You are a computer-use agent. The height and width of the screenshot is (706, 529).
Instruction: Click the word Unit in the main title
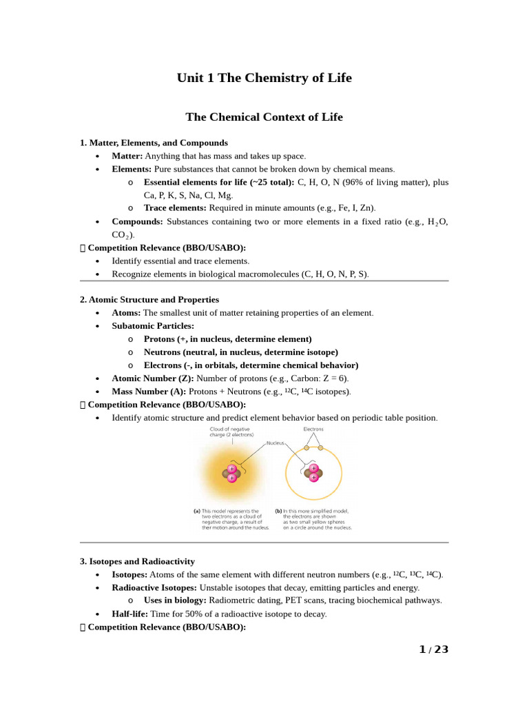[x=190, y=78]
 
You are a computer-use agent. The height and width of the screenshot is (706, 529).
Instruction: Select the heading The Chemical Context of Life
[x=264, y=117]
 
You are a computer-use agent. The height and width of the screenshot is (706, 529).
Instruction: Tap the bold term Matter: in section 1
[x=127, y=157]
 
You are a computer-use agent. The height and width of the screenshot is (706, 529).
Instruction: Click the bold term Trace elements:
[x=175, y=208]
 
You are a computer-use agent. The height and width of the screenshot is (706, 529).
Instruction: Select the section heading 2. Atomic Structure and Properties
[x=149, y=300]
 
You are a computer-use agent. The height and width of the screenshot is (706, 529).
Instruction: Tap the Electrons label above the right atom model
[x=313, y=429]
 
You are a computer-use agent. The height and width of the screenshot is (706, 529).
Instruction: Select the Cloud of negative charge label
[x=232, y=432]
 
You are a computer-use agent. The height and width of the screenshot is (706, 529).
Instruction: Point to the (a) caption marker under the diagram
[x=197, y=512]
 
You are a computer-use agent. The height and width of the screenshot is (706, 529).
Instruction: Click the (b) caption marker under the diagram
[x=278, y=512]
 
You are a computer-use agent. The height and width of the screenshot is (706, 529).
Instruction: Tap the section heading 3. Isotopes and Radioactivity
[x=137, y=561]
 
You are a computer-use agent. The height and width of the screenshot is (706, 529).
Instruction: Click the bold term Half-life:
[x=131, y=614]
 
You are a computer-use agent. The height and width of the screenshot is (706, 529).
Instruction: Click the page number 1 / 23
[x=433, y=649]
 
